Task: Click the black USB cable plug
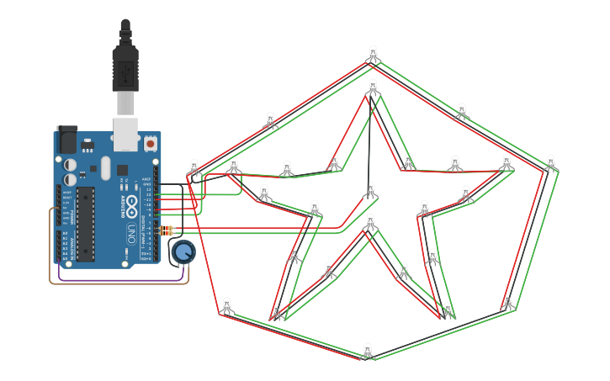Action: pyautogui.click(x=125, y=67)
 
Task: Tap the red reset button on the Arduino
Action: pyautogui.click(x=151, y=144)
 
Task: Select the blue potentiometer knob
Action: pyautogui.click(x=183, y=251)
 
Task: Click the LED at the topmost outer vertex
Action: pyautogui.click(x=373, y=55)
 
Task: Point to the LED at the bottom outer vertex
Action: pyautogui.click(x=367, y=350)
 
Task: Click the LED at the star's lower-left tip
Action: pyautogui.click(x=276, y=311)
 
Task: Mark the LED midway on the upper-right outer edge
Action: pyautogui.click(x=461, y=111)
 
